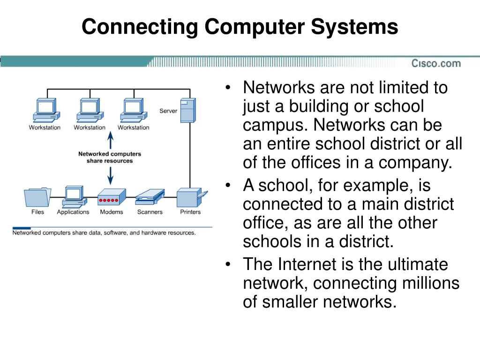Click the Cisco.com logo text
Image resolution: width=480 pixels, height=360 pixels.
point(436,63)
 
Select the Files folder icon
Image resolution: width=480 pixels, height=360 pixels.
point(37,197)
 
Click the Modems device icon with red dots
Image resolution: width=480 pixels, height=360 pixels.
point(112,197)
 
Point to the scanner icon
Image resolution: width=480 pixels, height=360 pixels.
point(150,197)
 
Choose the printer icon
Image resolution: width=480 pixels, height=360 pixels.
point(190,197)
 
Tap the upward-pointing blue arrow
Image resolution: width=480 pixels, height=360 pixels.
point(111,140)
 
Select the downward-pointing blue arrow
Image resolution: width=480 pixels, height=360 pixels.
point(111,174)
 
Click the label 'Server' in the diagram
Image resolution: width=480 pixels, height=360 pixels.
point(168,111)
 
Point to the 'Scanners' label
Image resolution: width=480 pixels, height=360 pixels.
point(150,212)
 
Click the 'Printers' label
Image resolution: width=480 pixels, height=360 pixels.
point(190,212)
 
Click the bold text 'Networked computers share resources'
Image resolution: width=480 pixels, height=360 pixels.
point(110,157)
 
